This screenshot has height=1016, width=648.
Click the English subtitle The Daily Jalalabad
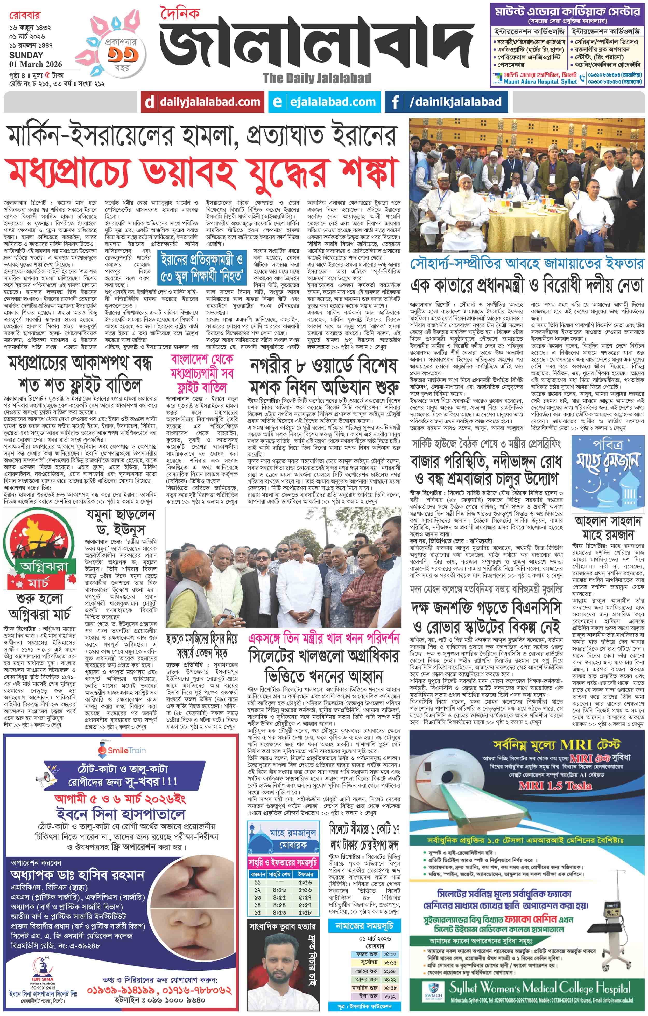[x=317, y=78]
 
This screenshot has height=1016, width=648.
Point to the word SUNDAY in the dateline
[x=26, y=55]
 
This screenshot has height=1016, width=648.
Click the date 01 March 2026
[x=36, y=64]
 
